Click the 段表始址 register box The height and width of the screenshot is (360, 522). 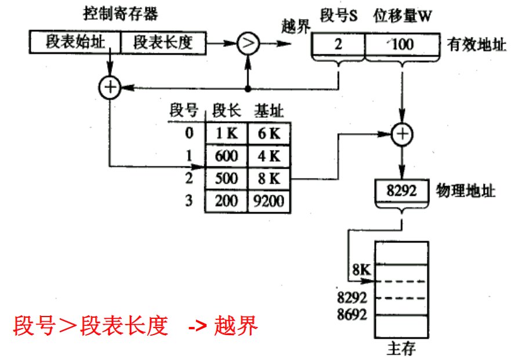click(74, 42)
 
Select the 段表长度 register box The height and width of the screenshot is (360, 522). click(162, 42)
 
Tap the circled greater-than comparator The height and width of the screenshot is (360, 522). click(248, 42)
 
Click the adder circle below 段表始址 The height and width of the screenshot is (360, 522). click(109, 88)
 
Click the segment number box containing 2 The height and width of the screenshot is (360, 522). click(338, 44)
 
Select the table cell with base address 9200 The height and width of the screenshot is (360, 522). click(269, 201)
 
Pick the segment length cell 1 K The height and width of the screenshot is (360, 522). click(226, 133)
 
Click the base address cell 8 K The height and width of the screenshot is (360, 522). click(269, 179)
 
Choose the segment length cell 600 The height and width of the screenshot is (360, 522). click(226, 156)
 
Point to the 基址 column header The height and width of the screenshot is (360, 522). click(269, 111)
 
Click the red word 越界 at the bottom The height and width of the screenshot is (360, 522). click(235, 326)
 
